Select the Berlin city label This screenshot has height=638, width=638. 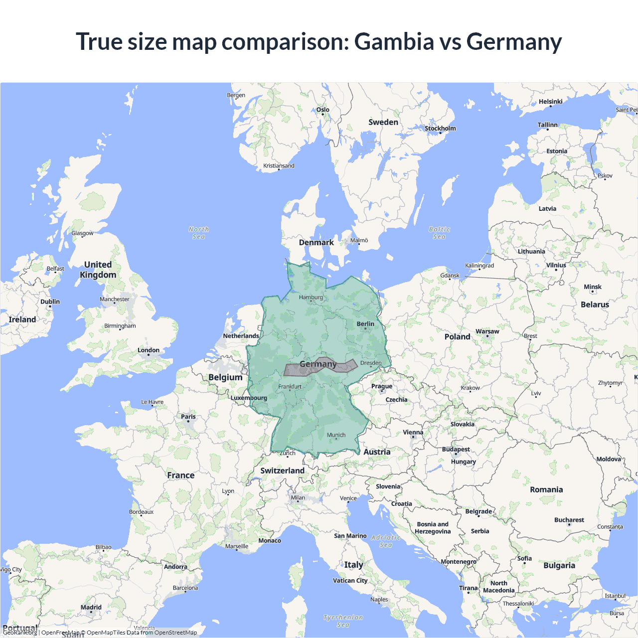(365, 324)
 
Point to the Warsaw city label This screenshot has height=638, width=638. (487, 331)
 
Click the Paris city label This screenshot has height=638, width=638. (188, 417)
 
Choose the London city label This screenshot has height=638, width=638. (149, 350)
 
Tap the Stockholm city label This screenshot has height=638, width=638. (440, 129)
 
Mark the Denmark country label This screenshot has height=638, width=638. (316, 243)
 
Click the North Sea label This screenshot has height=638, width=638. (199, 233)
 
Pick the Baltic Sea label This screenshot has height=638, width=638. (439, 233)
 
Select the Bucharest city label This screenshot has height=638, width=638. (569, 520)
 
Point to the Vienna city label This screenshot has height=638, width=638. (413, 433)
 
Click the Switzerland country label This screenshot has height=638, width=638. (282, 471)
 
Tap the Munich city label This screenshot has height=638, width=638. (336, 435)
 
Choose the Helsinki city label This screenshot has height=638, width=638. (550, 102)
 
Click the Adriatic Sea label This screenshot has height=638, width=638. (386, 541)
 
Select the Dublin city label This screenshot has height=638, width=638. (50, 302)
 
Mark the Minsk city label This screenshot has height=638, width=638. (593, 287)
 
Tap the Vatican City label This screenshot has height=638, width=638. (350, 581)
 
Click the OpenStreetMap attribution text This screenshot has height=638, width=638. (175, 633)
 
